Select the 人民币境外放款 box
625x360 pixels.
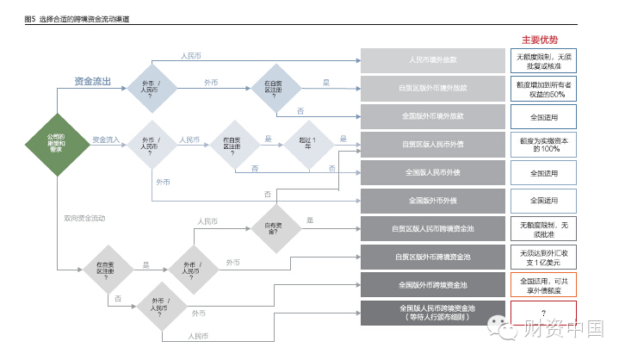432,61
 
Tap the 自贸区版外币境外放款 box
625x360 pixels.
432,89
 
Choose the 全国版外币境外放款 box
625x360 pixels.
432,116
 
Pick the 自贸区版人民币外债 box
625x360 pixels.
432,145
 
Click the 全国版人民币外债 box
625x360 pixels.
432,172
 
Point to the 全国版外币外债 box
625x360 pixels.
432,201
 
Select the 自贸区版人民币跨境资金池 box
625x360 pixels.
432,228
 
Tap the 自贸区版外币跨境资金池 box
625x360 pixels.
432,256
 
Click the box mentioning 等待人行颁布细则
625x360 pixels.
432,312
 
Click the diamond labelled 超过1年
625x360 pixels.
306,144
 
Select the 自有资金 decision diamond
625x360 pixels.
272,228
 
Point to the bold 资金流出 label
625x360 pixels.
93,82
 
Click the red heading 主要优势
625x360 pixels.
541,40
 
